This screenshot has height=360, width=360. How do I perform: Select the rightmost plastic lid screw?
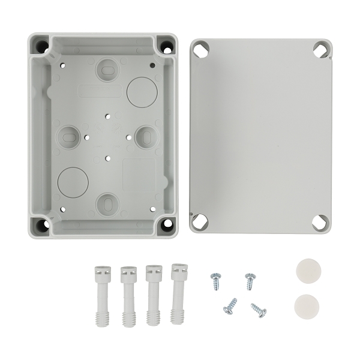(x=178, y=293)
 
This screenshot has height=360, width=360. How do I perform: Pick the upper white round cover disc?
(x=307, y=271)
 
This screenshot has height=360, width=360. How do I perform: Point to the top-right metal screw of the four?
(x=250, y=280)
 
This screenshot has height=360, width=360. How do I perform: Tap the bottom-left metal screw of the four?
(x=230, y=307)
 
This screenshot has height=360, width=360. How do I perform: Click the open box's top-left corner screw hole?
(x=42, y=46)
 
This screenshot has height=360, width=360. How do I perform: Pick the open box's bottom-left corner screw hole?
(x=41, y=225)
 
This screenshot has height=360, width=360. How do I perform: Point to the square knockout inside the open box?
(x=139, y=174)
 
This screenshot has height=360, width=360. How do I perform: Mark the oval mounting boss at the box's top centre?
(x=108, y=70)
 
